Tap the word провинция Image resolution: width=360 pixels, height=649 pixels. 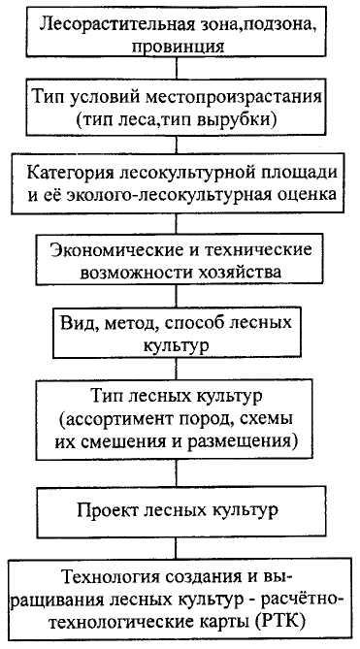click(x=178, y=46)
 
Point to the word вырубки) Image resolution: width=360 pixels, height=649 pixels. click(x=242, y=120)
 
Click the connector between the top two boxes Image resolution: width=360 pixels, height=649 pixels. click(x=177, y=68)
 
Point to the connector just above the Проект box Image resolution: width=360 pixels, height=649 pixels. click(x=177, y=471)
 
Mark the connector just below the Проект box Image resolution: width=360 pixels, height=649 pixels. click(x=177, y=548)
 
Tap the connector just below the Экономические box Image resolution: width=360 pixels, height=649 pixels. click(x=177, y=296)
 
